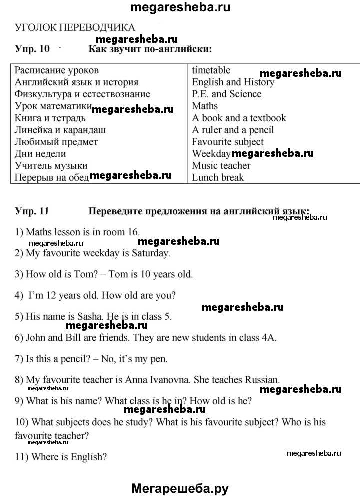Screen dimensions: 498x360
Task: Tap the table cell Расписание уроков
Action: (57, 70)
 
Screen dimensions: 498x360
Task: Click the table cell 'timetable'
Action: (211, 70)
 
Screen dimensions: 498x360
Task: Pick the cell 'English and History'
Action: (233, 82)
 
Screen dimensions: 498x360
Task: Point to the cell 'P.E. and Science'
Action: (226, 94)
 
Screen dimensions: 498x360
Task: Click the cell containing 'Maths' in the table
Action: (205, 106)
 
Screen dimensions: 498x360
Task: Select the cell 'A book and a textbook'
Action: (239, 118)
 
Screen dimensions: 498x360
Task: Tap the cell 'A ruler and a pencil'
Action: (233, 130)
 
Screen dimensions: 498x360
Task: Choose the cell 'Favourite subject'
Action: (228, 142)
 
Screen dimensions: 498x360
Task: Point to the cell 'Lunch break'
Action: (218, 178)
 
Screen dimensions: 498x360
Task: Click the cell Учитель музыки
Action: (51, 166)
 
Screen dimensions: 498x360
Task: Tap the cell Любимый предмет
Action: (56, 142)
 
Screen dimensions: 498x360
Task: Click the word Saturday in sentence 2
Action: (151, 253)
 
